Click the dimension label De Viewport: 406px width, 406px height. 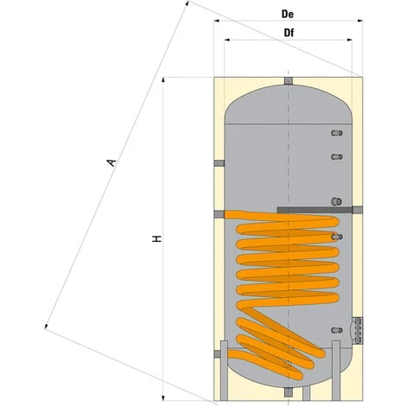[x=288, y=16]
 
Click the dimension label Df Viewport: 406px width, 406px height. [x=288, y=33]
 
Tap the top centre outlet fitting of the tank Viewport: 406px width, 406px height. [x=287, y=83]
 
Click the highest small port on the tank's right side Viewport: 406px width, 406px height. [x=338, y=134]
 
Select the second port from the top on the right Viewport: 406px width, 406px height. [x=338, y=156]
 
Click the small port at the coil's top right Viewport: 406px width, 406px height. [x=338, y=236]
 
